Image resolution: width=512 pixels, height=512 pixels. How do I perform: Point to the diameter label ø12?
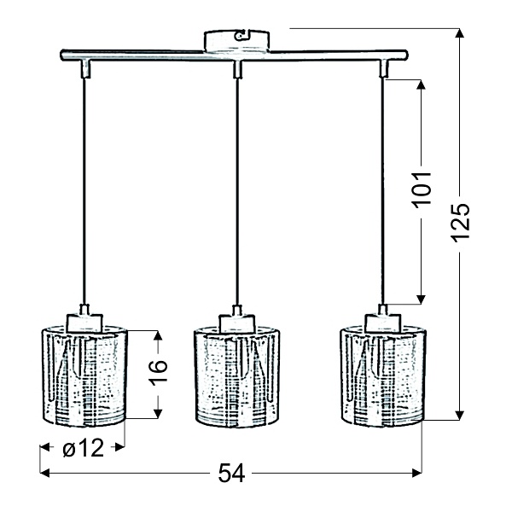pyautogui.click(x=83, y=446)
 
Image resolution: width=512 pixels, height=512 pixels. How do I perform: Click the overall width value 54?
pyautogui.click(x=231, y=473)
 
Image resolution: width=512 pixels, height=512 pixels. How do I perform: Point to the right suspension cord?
pyautogui.click(x=383, y=188)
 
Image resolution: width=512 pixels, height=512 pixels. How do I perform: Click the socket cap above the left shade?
pyautogui.click(x=84, y=320)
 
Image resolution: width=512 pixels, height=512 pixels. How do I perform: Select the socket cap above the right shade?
pyautogui.click(x=383, y=320)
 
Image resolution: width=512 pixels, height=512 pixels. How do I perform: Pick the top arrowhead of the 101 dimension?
pyautogui.click(x=422, y=85)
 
